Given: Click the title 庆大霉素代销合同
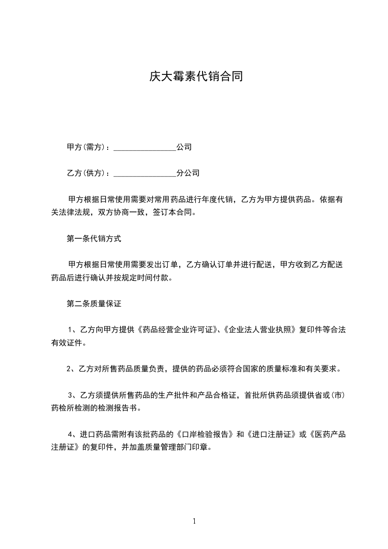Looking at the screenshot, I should click(196, 77).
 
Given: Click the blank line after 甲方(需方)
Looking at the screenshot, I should click(144, 147).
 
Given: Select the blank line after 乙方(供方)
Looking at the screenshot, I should click(144, 173).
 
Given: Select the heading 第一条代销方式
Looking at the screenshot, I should click(93, 239).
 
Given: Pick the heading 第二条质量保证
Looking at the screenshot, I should click(93, 304).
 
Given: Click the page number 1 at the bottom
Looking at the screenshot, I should click(194, 521).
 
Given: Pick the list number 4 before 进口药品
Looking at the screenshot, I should click(70, 435).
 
